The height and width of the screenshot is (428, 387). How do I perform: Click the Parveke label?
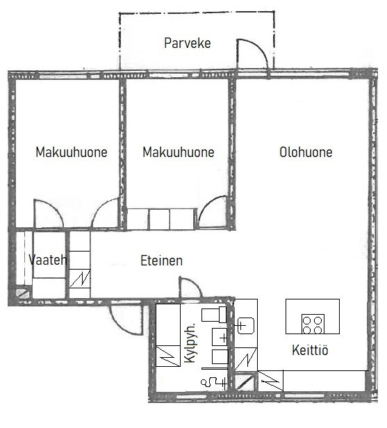pos(187,43)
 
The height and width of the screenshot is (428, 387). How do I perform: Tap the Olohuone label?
pos(306,152)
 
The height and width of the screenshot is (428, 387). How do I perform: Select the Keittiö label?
pos(310,349)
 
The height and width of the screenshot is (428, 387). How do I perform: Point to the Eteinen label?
pos(161,261)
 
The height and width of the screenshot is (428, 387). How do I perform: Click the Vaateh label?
pos(48,259)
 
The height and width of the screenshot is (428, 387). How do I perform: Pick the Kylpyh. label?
pos(190,343)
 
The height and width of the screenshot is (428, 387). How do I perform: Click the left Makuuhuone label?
pos(72,152)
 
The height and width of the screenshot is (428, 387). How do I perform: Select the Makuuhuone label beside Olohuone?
pos(179,152)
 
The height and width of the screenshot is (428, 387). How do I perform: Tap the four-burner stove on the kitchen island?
pos(313,324)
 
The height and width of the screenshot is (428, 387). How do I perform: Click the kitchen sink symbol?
pos(246,325)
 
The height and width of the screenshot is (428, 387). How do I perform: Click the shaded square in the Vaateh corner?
pos(23,293)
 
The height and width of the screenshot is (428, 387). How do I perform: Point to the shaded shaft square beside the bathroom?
pos(245,382)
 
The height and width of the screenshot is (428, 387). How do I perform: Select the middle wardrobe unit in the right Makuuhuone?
pos(160,219)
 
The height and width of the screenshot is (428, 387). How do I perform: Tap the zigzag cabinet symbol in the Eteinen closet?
pos(80,279)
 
